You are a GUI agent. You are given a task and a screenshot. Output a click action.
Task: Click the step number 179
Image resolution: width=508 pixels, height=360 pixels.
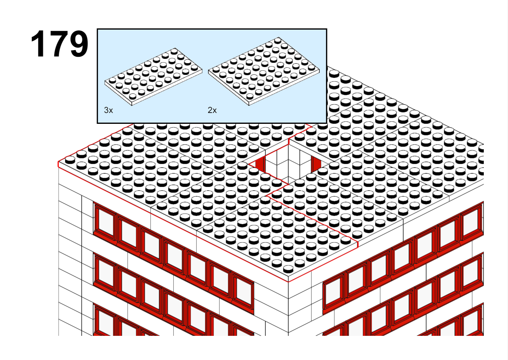(59, 44)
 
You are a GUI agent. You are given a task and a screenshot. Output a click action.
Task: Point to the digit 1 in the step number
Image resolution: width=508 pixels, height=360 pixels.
(38, 44)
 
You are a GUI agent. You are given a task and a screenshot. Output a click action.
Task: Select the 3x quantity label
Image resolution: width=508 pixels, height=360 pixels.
(108, 110)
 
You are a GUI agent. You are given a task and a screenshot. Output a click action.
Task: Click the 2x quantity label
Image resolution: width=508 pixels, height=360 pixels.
(212, 110)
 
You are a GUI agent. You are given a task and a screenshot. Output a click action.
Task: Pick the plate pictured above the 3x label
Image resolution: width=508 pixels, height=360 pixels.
(153, 77)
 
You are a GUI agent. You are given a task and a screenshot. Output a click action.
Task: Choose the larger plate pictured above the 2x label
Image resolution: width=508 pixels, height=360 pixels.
(264, 72)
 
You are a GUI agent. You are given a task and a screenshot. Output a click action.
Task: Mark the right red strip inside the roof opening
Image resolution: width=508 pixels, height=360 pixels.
(316, 164)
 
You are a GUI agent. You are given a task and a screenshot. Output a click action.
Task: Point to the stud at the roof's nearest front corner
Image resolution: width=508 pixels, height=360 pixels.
(288, 269)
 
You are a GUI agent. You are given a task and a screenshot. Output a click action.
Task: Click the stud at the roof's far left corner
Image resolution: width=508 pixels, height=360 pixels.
(70, 160)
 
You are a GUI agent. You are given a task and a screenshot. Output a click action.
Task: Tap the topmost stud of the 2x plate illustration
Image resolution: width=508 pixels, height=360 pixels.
(278, 41)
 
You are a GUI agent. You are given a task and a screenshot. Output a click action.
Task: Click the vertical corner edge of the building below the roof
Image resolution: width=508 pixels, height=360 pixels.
(288, 309)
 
